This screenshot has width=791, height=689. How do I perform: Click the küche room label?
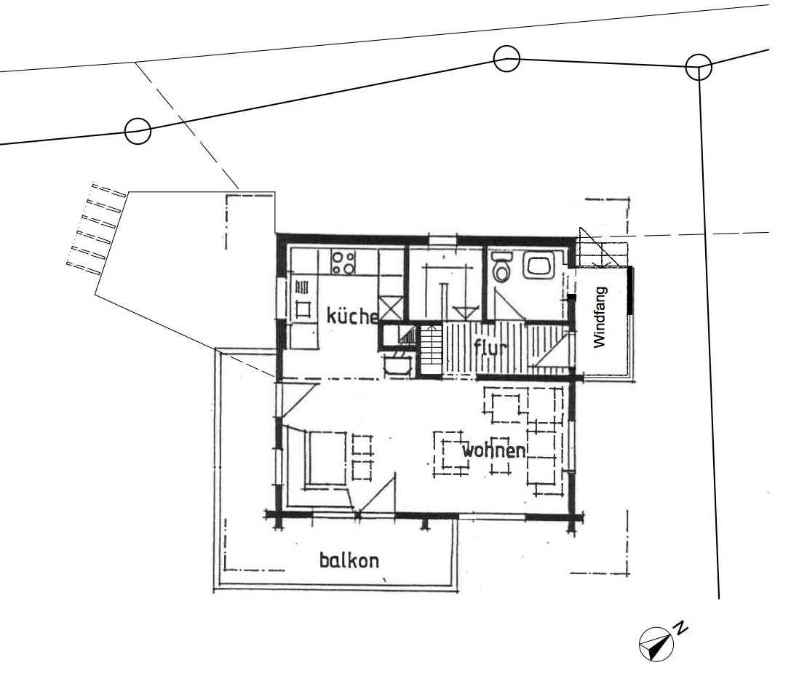coord(352,316)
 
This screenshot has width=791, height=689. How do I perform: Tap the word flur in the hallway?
coord(491,348)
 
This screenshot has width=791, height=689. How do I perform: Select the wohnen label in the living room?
coord(494,450)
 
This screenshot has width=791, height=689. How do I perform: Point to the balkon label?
coord(349,560)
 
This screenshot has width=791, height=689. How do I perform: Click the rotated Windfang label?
coord(600,317)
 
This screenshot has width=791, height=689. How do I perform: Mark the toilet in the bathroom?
coord(501,267)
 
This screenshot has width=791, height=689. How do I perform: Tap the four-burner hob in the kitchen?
coord(343,262)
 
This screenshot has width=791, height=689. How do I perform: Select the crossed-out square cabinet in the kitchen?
coord(391,308)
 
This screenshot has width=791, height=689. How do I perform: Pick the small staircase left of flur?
coord(432,349)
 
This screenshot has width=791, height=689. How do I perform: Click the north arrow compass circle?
coord(656,644)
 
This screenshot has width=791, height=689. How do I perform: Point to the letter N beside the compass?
coord(681,627)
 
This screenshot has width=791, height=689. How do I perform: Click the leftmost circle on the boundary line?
coord(138,131)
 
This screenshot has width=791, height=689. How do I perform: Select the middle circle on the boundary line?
coord(506,58)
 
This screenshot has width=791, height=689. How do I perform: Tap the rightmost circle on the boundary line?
coord(699,67)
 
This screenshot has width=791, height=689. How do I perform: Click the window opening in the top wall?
coord(443,239)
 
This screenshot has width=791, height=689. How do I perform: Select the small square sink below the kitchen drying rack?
coord(303,308)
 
